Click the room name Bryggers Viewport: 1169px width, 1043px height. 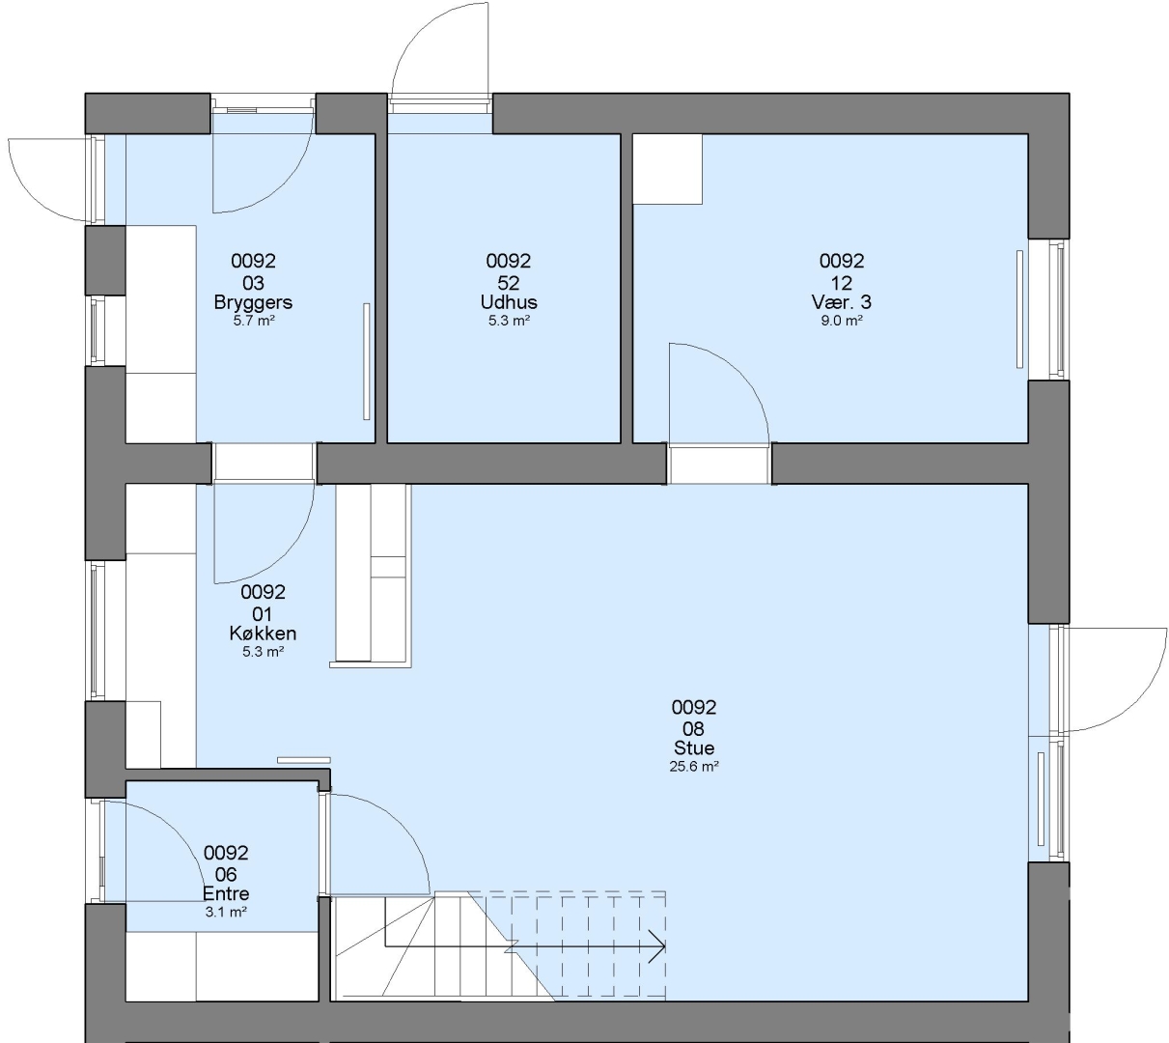point(253,302)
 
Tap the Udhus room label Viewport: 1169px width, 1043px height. point(509,302)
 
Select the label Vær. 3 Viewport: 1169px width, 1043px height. point(841,302)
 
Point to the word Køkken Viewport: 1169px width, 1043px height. point(263,634)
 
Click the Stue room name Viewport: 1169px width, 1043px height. point(693,748)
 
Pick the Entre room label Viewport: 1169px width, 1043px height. point(226,893)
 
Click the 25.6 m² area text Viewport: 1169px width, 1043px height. point(693,767)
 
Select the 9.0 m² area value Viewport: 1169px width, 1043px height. point(841,321)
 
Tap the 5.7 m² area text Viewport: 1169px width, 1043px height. point(253,321)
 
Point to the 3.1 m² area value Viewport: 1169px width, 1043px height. point(226,912)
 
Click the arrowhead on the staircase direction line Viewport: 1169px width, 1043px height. point(657,946)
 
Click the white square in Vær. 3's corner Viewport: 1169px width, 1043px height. point(668,169)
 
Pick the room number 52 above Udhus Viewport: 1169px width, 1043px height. point(509,283)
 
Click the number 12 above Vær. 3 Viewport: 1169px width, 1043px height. point(841,283)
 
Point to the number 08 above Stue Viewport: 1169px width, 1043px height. point(693,729)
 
